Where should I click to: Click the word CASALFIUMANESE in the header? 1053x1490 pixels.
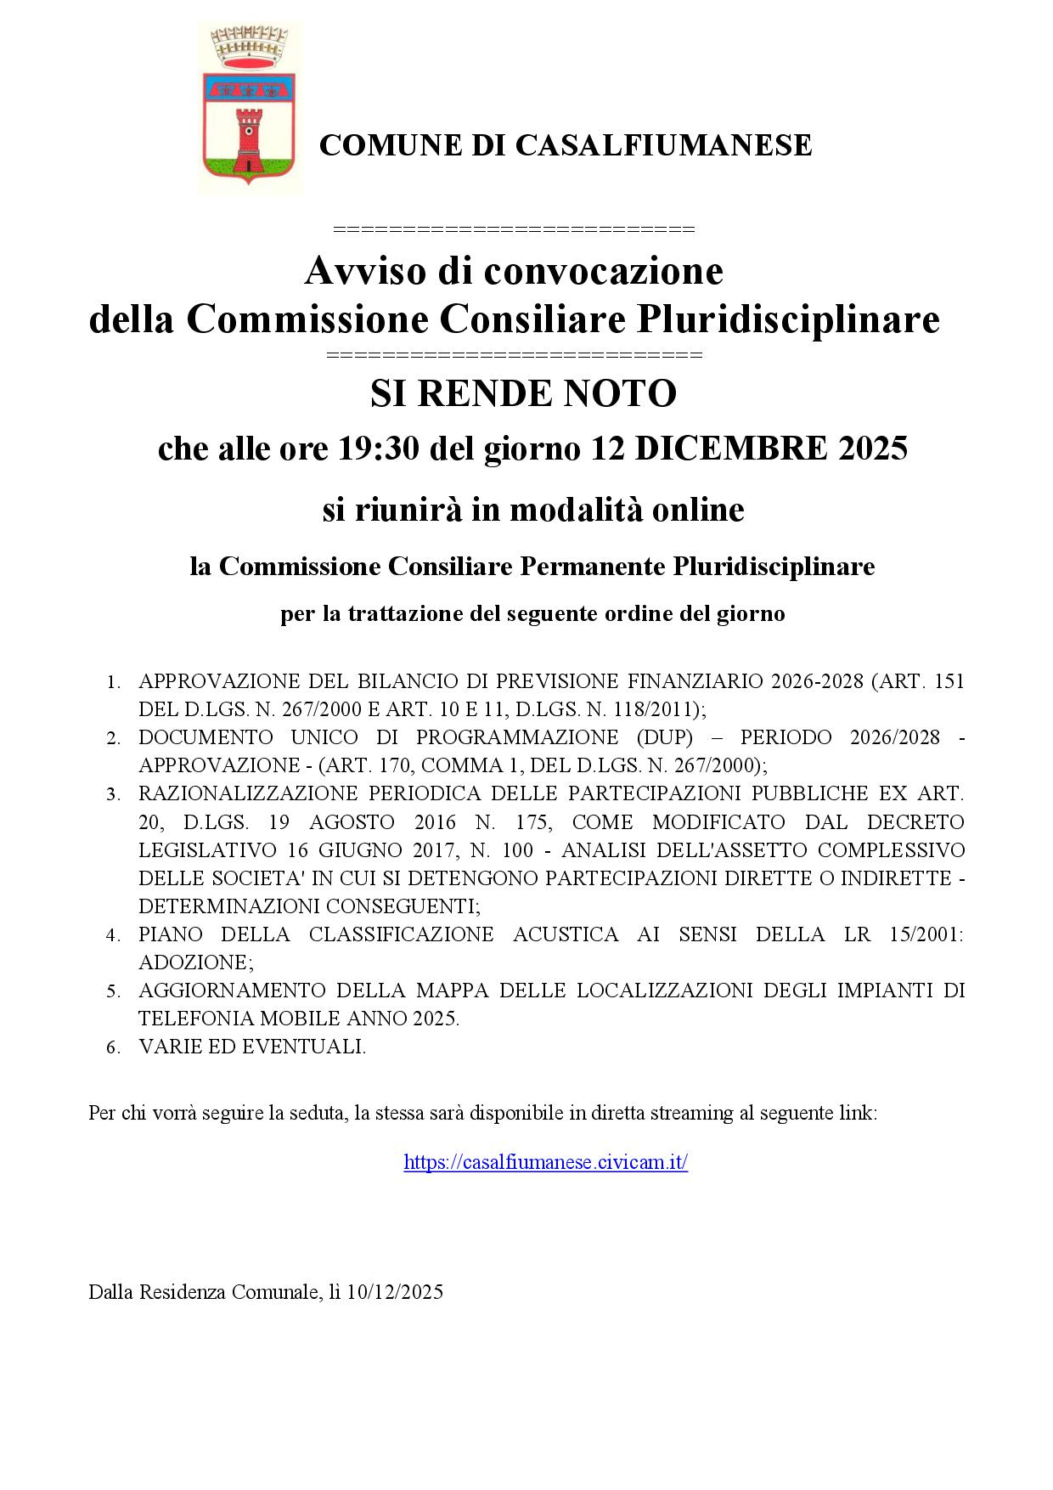pyautogui.click(x=664, y=145)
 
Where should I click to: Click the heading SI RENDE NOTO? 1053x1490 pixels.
pyautogui.click(x=523, y=393)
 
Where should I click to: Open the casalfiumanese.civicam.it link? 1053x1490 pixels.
pyautogui.click(x=545, y=1162)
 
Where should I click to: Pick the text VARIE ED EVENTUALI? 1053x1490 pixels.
pyautogui.click(x=252, y=1047)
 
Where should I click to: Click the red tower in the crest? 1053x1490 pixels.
pyautogui.click(x=249, y=140)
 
